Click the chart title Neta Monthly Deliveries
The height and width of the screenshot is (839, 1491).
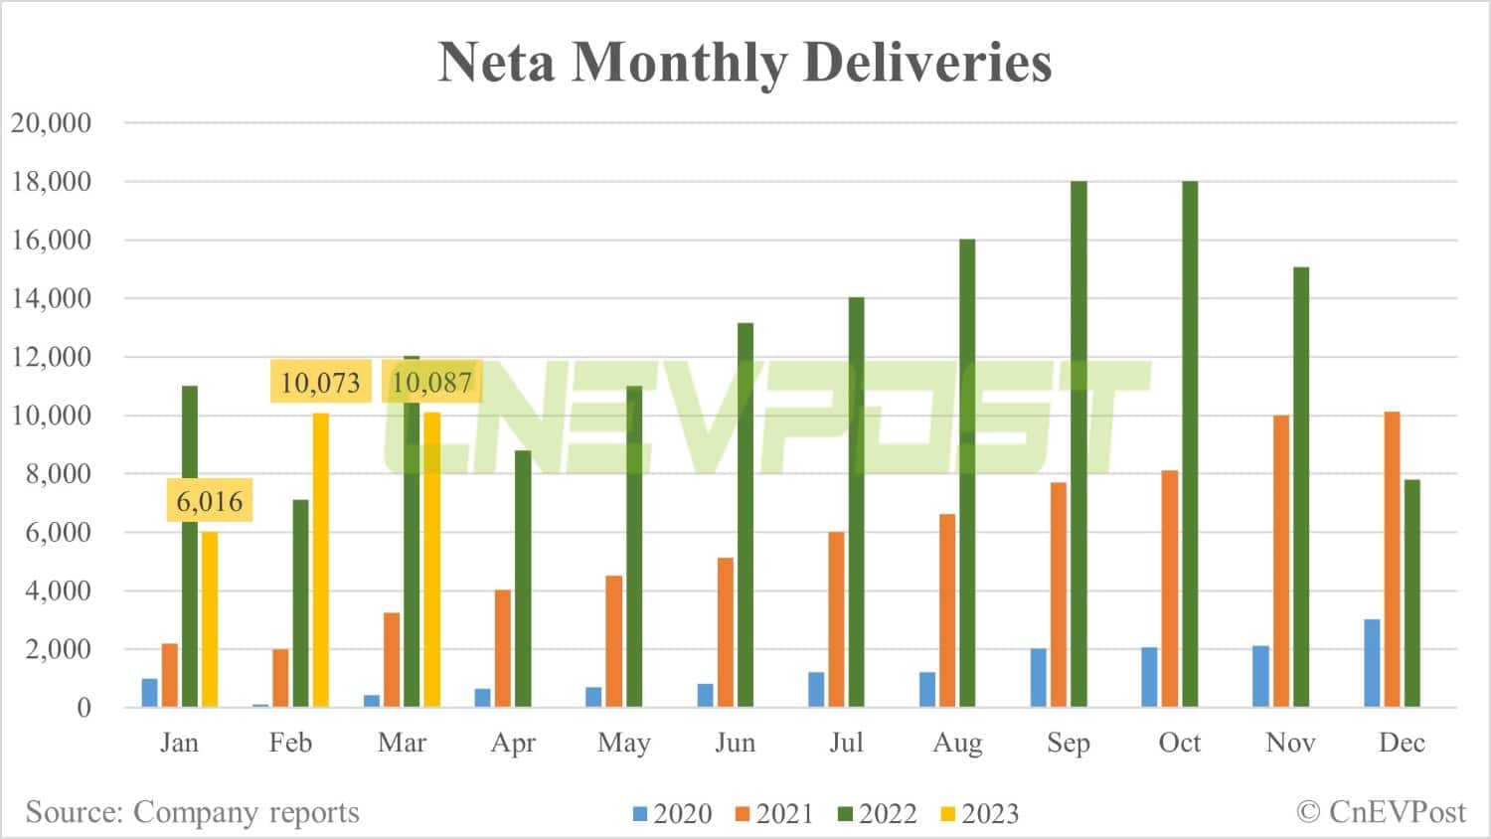[x=745, y=62]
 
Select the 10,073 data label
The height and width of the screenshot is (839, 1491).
[x=320, y=382]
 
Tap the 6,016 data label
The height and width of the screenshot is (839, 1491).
[x=209, y=501]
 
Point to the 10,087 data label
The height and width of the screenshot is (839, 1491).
[x=431, y=382]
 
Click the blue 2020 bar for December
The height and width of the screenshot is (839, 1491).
[x=1372, y=663]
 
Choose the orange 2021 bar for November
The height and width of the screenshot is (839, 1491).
[x=1280, y=561]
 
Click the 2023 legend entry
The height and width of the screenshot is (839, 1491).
[x=979, y=814]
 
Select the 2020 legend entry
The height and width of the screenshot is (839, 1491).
[x=672, y=814]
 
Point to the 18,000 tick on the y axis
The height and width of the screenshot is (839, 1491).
[x=51, y=181]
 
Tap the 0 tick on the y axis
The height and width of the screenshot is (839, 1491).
[x=83, y=708]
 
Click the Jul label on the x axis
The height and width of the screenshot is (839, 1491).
[x=846, y=743]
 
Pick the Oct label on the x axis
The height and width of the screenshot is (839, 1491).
[x=1179, y=743]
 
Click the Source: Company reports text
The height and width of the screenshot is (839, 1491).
[x=192, y=812]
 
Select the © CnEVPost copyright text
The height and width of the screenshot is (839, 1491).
[x=1381, y=812]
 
